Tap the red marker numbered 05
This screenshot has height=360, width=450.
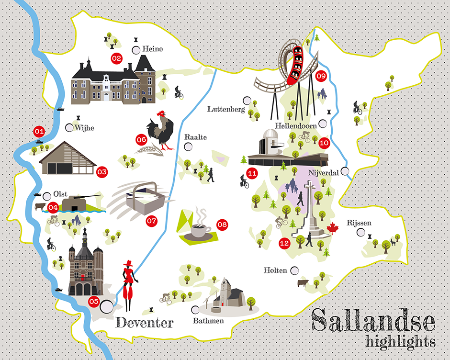(x=94, y=302)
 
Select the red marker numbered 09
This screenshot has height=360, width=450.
(x=321, y=75)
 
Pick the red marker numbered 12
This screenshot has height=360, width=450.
(x=284, y=243)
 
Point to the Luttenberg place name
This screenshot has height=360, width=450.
(x=226, y=109)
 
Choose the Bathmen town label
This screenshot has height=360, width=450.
(x=208, y=321)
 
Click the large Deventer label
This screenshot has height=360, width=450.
(x=145, y=323)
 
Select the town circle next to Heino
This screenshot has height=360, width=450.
(x=136, y=49)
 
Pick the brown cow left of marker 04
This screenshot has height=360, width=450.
(x=41, y=207)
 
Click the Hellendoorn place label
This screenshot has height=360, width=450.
(x=296, y=125)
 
